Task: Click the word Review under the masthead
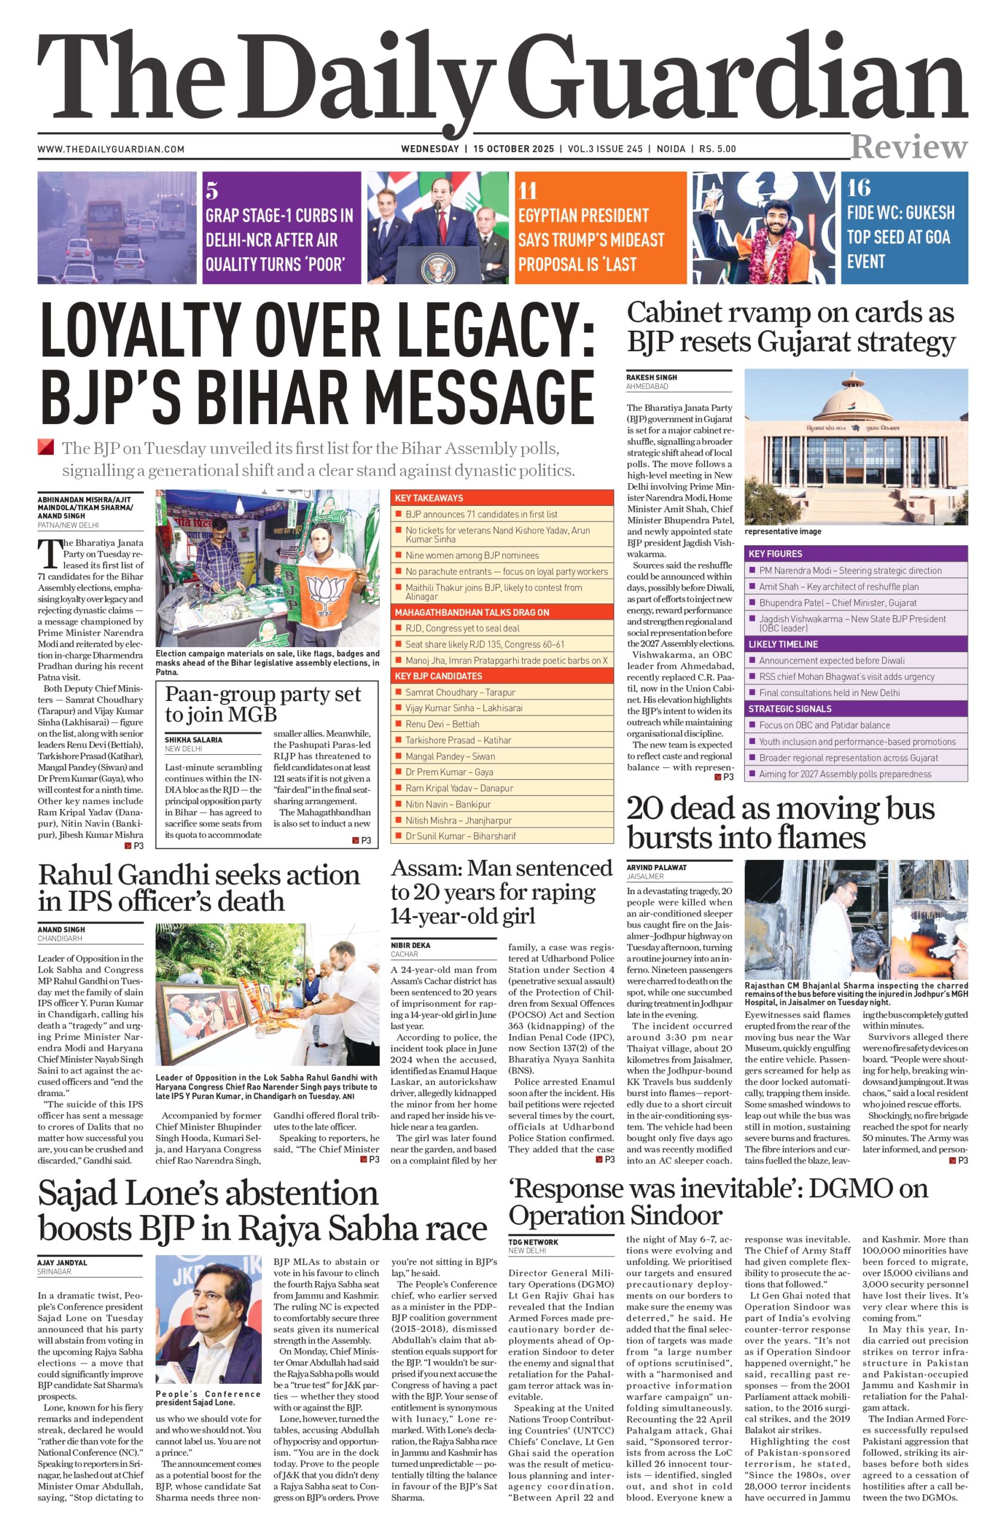[x=909, y=147]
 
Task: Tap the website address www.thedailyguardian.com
[x=111, y=150]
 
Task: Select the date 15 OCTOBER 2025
[x=513, y=148]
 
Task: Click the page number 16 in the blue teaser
[x=859, y=188]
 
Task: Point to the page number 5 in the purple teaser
[x=212, y=190]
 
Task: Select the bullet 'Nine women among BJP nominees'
[x=472, y=555]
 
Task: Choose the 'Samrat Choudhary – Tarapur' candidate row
[x=460, y=692]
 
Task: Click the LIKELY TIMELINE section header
[x=784, y=644]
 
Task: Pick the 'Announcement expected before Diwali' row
[x=832, y=661]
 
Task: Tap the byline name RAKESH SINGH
[x=651, y=377]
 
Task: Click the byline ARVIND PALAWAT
[x=657, y=867]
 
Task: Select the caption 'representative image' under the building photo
[x=783, y=531]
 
